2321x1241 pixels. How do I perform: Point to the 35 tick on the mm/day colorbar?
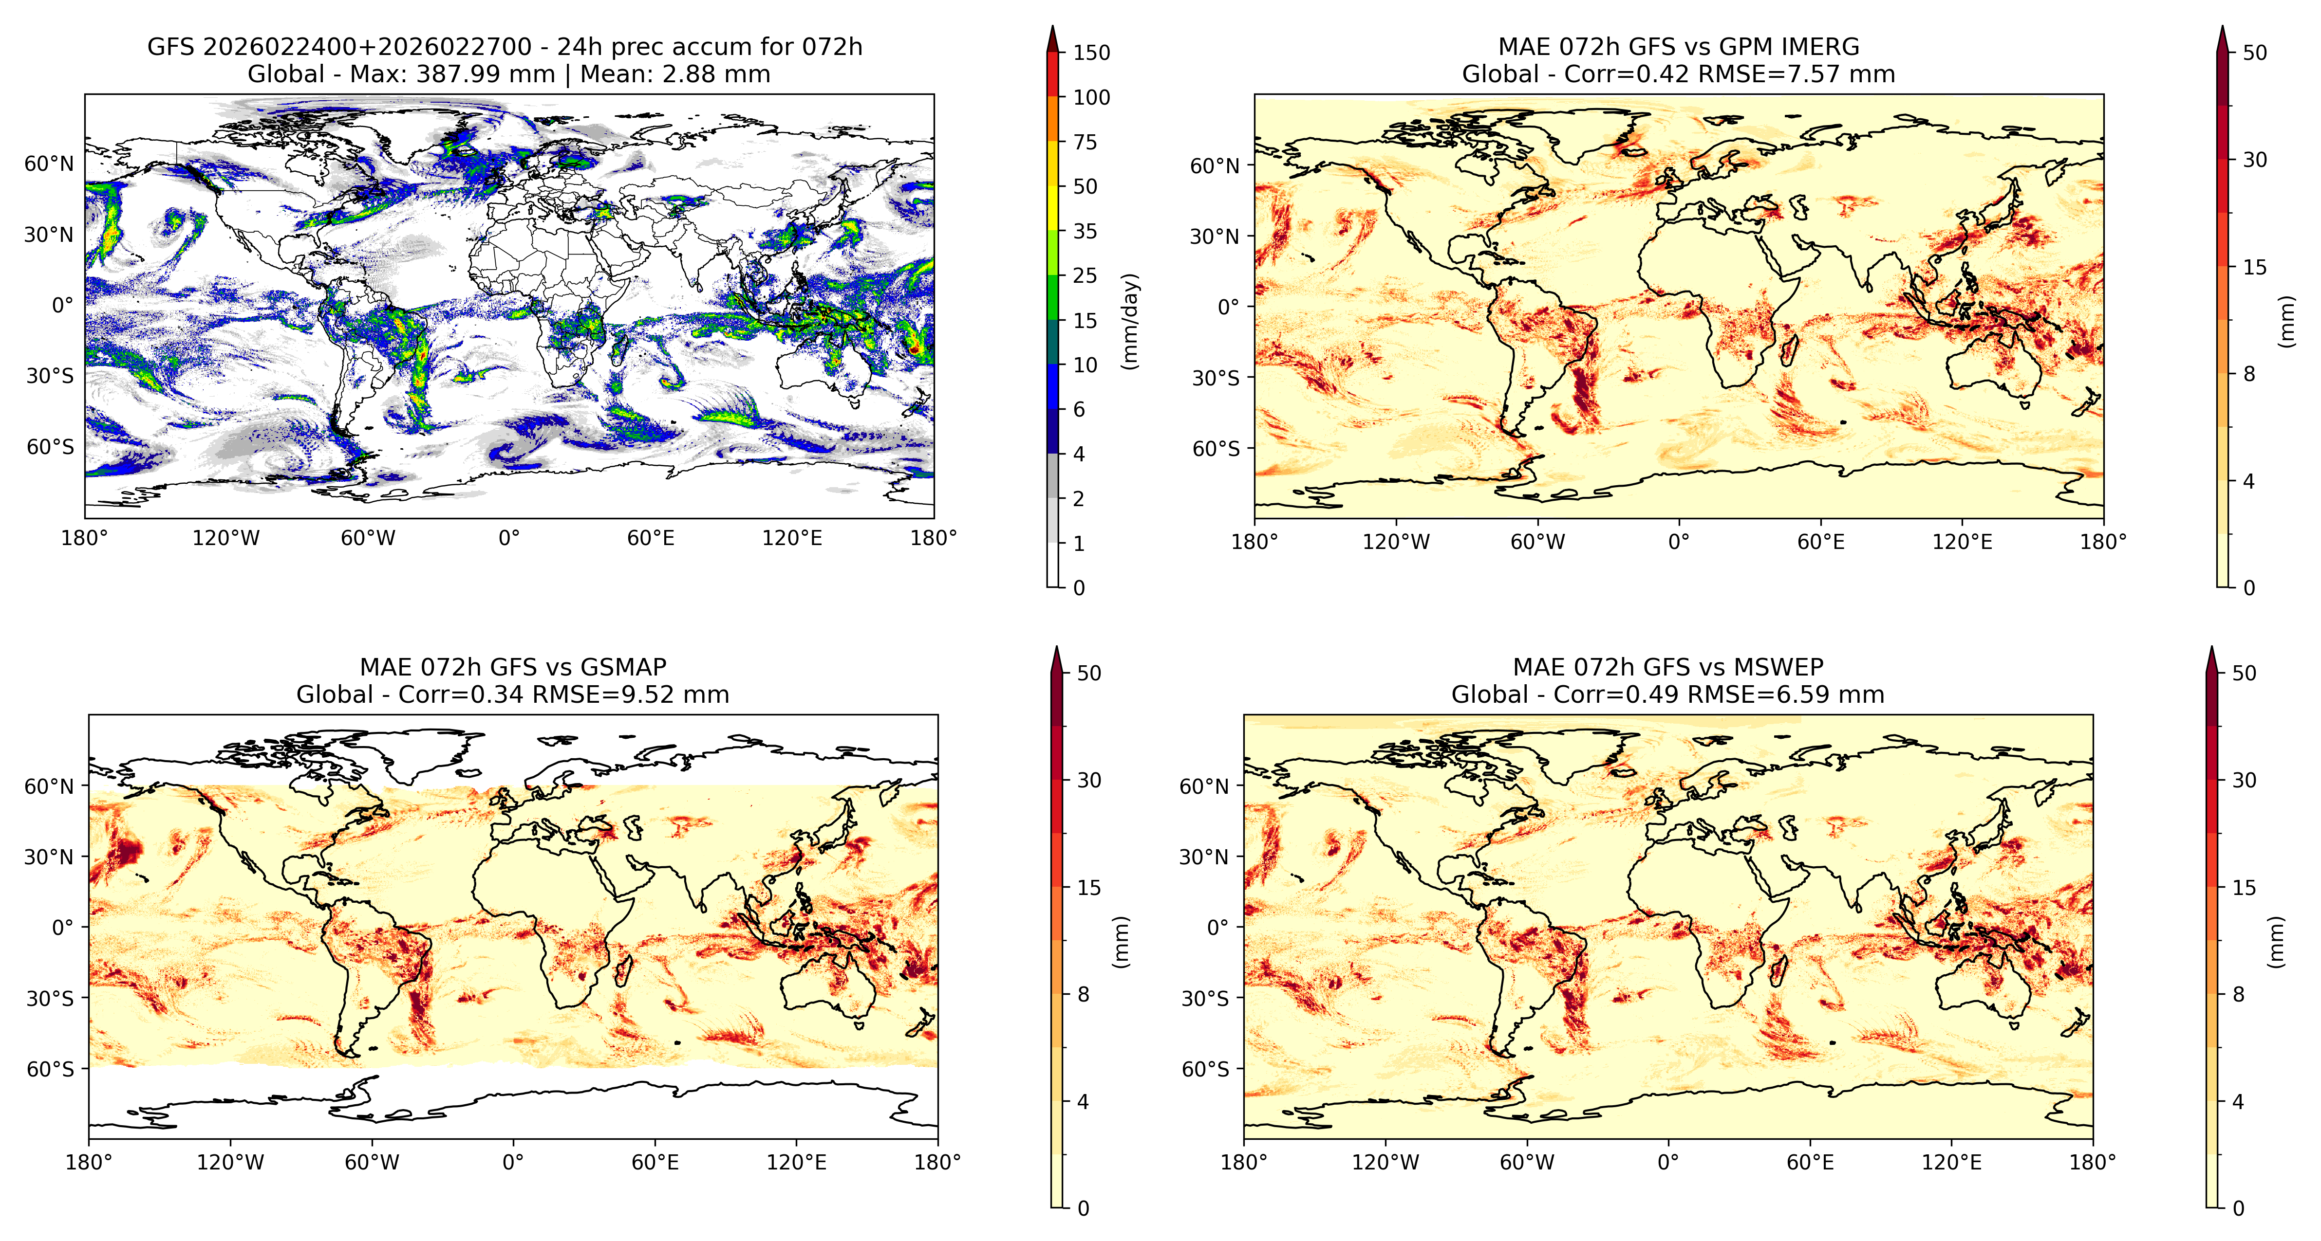pyautogui.click(x=1085, y=232)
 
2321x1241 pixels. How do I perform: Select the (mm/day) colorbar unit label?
pyautogui.click(x=1130, y=321)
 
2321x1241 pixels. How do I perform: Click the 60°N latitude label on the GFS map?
pyautogui.click(x=49, y=164)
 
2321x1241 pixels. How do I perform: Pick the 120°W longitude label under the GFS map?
pyautogui.click(x=225, y=539)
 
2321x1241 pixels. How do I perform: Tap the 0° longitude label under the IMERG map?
pyautogui.click(x=1679, y=542)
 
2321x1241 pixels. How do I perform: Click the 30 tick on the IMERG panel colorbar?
pyautogui.click(x=2254, y=160)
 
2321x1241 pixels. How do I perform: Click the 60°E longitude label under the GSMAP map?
pyautogui.click(x=655, y=1163)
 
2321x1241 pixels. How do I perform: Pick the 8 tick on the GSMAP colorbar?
pyautogui.click(x=1083, y=994)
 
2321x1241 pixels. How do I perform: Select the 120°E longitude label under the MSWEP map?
pyautogui.click(x=1951, y=1163)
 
